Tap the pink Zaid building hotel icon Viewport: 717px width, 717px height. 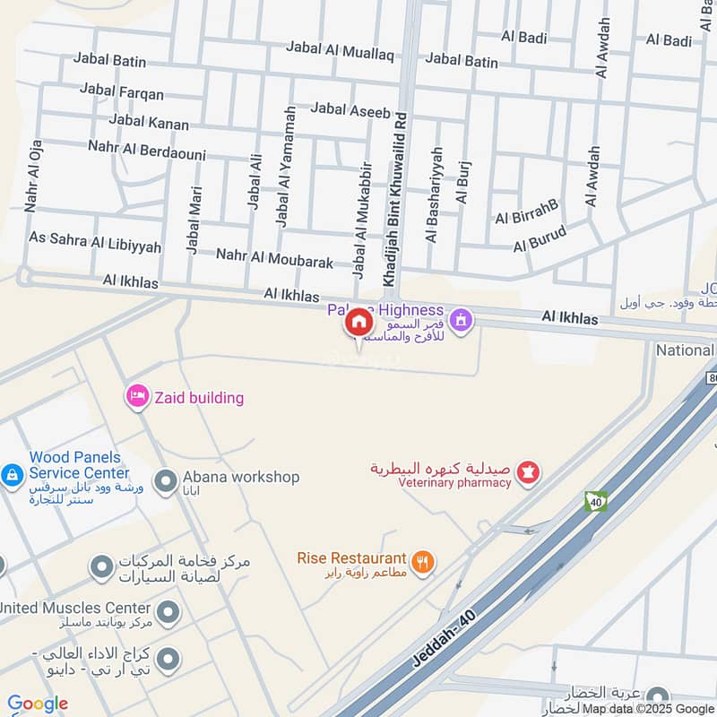click(x=137, y=396)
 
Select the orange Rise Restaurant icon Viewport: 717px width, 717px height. click(x=424, y=562)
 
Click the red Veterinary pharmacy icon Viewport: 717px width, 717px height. click(x=529, y=471)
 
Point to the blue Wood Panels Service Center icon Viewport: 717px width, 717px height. click(x=13, y=473)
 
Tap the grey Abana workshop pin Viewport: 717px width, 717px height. click(x=165, y=482)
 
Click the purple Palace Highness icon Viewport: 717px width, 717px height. click(x=462, y=318)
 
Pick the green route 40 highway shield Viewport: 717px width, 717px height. click(x=596, y=501)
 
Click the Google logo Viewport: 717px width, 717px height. click(x=38, y=704)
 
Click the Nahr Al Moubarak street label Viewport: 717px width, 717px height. click(x=274, y=259)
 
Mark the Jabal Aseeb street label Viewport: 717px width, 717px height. click(x=350, y=111)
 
